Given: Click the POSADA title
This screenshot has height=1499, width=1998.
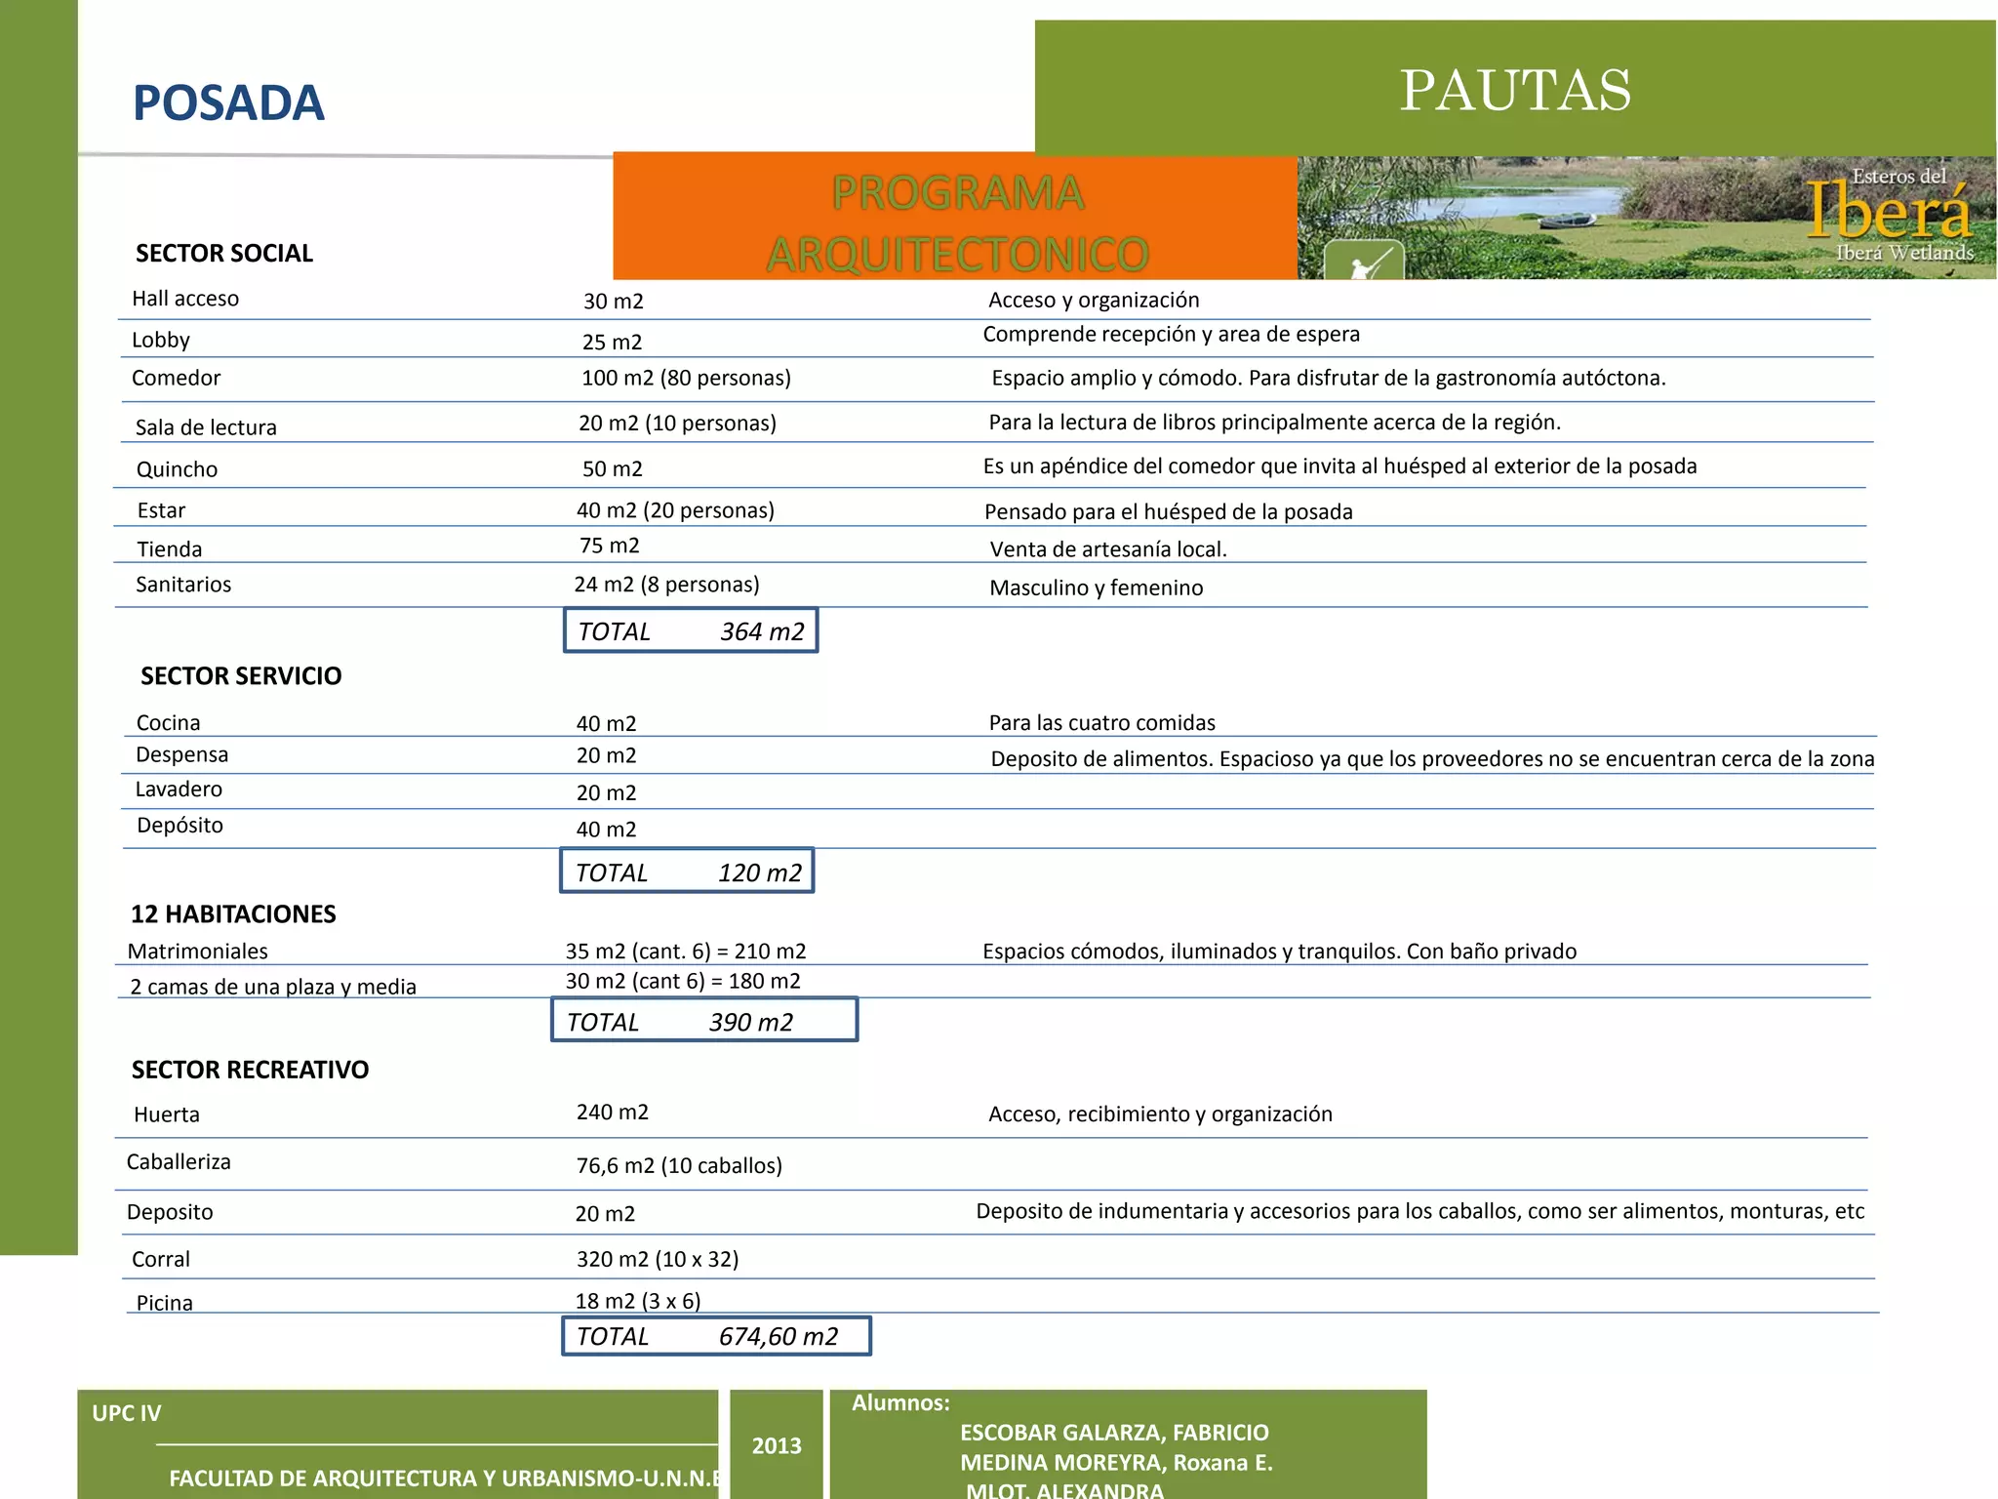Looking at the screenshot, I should point(228,103).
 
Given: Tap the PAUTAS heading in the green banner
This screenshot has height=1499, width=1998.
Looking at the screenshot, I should point(1515,91).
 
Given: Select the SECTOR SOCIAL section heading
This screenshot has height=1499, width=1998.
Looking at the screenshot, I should point(224,254).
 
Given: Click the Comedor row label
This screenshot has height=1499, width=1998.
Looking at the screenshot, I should point(177,379).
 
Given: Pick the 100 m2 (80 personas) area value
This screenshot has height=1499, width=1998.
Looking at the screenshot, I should point(686,379).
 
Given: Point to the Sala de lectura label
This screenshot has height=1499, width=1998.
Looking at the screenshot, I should point(206,427).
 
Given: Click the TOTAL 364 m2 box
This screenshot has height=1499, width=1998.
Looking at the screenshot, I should point(691,631).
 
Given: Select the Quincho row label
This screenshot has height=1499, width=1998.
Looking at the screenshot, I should point(177,469).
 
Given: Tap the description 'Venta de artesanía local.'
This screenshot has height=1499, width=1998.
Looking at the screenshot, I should point(1108,549).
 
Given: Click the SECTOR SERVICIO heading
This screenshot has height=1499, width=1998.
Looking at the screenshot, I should point(241,676).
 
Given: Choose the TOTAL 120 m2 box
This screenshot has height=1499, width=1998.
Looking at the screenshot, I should point(688,871).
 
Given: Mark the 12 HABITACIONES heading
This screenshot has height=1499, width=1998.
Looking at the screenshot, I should point(233,914).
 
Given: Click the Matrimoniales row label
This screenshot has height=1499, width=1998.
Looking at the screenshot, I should point(197,952).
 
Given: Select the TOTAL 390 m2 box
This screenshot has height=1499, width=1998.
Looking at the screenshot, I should point(704,1021).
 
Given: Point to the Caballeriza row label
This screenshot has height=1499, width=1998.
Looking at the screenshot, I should point(179,1162).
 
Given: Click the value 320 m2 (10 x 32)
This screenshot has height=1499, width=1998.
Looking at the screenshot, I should point(658,1260).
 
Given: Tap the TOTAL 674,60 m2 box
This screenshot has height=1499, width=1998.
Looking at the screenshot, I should point(716,1337).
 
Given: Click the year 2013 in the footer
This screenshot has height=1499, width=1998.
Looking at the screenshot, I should point(777,1446).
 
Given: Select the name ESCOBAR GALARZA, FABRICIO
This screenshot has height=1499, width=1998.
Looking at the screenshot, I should point(1114,1433).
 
